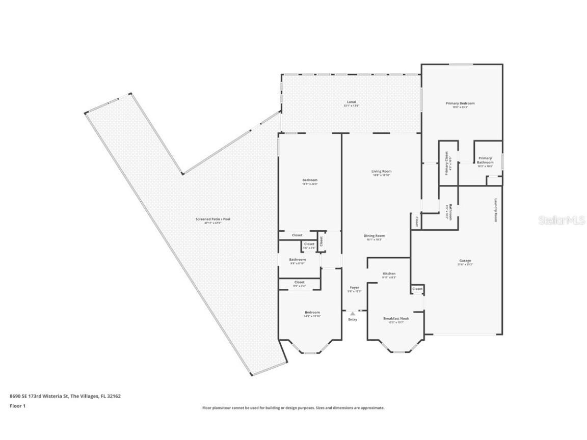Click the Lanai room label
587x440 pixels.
pyautogui.click(x=351, y=102)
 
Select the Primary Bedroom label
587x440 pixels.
pyautogui.click(x=460, y=103)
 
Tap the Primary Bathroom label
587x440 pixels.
pyautogui.click(x=485, y=160)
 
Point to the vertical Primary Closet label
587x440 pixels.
pyautogui.click(x=446, y=163)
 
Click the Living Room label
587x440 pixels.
pyautogui.click(x=381, y=172)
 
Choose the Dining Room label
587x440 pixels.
pyautogui.click(x=374, y=236)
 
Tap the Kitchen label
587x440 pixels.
pyautogui.click(x=389, y=274)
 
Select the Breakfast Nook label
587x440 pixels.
pyautogui.click(x=396, y=318)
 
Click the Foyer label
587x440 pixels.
pyautogui.click(x=354, y=288)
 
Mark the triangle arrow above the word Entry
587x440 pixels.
pyautogui.click(x=352, y=314)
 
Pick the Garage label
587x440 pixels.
pyautogui.click(x=465, y=261)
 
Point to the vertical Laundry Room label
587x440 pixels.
pyautogui.click(x=495, y=210)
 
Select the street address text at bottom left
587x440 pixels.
pyautogui.click(x=65, y=396)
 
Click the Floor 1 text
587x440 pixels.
pyautogui.click(x=17, y=406)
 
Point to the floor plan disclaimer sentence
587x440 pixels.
pyautogui.click(x=293, y=408)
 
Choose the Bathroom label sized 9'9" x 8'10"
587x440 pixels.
pyautogui.click(x=298, y=260)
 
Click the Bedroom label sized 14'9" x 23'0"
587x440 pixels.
pyautogui.click(x=310, y=180)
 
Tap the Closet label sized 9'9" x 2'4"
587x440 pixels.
pyautogui.click(x=299, y=282)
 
